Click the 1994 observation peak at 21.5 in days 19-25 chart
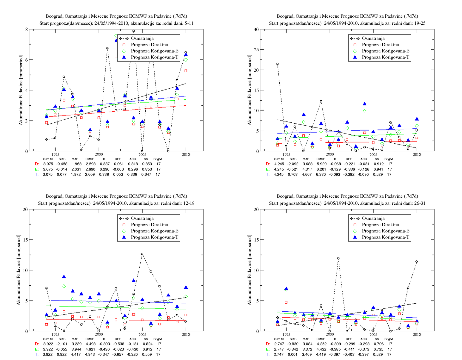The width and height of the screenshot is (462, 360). click(277, 64)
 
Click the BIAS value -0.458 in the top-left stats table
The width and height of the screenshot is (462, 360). click(62, 164)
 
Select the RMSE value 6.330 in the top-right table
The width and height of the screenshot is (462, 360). click(321, 175)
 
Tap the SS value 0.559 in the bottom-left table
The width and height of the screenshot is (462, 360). click(147, 355)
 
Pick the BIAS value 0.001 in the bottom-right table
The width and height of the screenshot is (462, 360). click(293, 355)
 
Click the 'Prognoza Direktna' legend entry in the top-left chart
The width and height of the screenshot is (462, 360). click(149, 45)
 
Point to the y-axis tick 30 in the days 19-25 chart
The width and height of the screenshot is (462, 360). click(256, 29)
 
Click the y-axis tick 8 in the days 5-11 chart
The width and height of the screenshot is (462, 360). click(27, 29)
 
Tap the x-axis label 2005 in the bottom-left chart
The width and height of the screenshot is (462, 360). click(142, 334)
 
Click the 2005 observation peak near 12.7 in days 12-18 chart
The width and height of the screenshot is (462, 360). click(142, 254)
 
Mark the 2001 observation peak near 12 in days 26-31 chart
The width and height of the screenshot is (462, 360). click(338, 258)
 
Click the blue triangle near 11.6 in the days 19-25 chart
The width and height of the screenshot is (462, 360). click(364, 104)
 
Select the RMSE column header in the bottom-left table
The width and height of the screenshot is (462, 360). click(89, 339)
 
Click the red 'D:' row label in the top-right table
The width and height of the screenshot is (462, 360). click(268, 164)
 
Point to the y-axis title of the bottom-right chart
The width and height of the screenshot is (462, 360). click(249, 270)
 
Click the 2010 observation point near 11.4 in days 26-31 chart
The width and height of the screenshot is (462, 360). click(416, 262)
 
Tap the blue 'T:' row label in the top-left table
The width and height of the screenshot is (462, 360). click(37, 175)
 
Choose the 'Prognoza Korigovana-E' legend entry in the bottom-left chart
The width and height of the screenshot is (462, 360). click(155, 231)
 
